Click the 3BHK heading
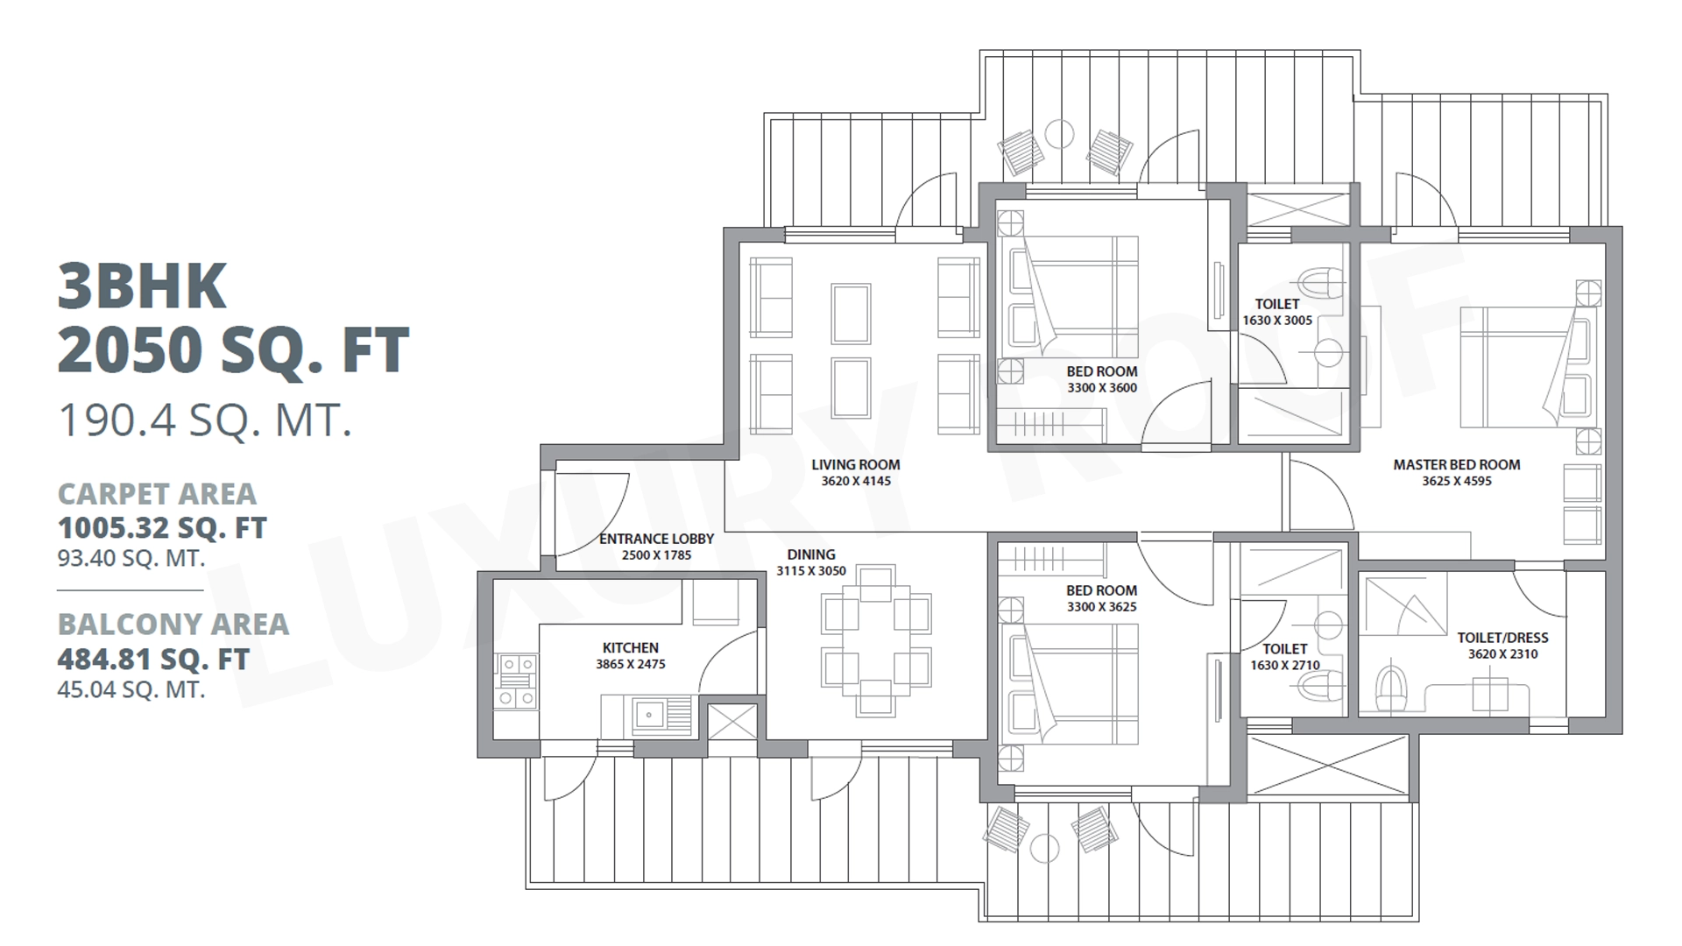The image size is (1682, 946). tap(142, 286)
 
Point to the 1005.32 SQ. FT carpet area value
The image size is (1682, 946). tap(162, 528)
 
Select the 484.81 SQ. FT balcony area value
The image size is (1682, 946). tap(153, 659)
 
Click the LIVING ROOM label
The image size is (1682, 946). tap(855, 465)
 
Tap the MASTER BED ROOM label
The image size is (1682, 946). tap(1457, 465)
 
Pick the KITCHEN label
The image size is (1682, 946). tap(631, 648)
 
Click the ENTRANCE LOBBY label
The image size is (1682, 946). tap(657, 539)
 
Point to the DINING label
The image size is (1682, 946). tap(811, 554)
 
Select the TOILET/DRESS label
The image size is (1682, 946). tap(1503, 638)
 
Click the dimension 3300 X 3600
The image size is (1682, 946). tap(1102, 388)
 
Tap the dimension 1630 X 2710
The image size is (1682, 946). tap(1285, 665)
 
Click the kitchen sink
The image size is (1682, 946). tap(648, 715)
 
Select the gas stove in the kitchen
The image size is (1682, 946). tap(516, 681)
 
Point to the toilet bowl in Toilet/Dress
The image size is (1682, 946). tap(1389, 688)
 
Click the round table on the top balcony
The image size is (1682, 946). tap(1059, 134)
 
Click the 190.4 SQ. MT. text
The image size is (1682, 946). tap(205, 420)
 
